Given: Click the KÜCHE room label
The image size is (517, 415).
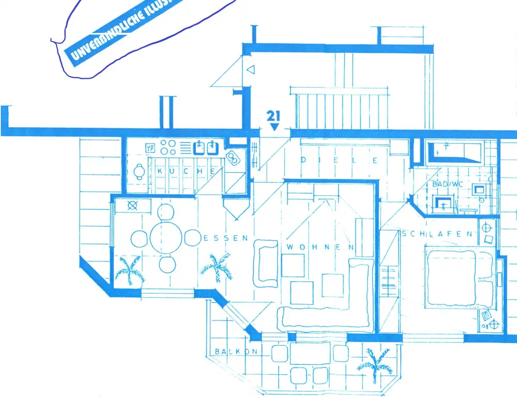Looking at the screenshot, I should click(187, 172).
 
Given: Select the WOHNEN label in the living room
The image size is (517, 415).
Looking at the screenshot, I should click(321, 248).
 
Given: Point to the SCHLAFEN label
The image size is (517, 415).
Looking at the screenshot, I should click(437, 234).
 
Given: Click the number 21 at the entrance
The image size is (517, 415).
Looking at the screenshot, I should click(274, 115).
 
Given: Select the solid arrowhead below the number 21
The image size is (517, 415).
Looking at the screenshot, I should click(275, 126).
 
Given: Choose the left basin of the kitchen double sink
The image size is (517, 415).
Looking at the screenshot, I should click(199, 149).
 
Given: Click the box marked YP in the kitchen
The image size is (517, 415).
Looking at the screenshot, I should click(150, 148).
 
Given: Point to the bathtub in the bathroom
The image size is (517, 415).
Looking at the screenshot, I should click(454, 152).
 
